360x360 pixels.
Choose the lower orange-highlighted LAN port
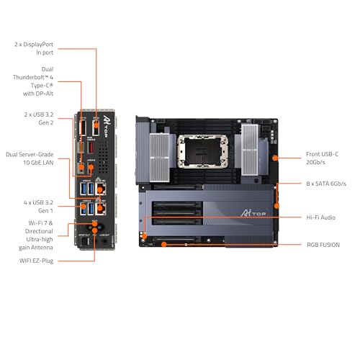[102, 209]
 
